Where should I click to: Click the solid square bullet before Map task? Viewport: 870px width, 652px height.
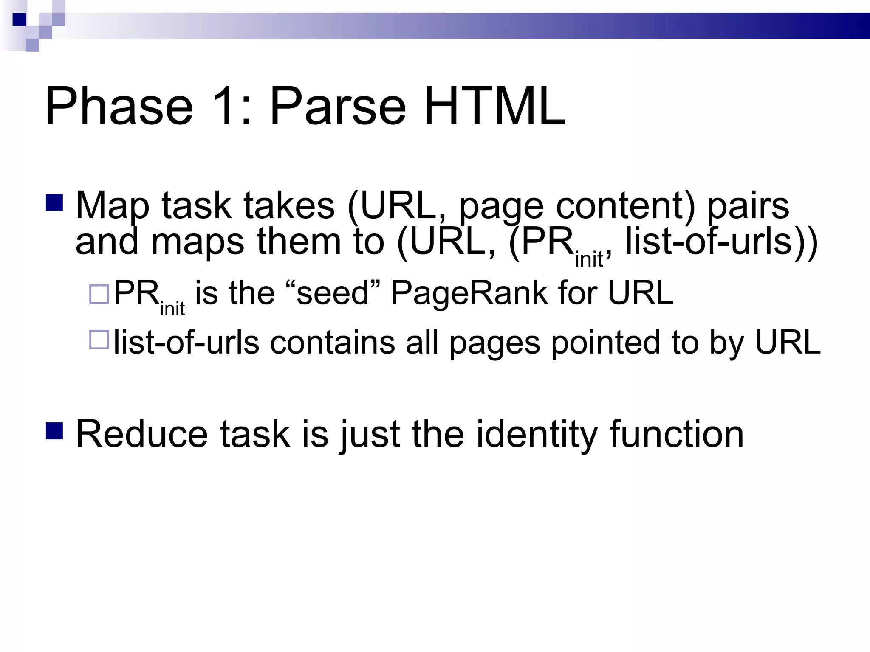[54, 202]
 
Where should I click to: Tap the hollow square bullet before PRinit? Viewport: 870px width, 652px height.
[99, 294]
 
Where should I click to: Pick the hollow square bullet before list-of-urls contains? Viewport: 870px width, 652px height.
[99, 340]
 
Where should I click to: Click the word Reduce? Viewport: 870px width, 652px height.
[142, 434]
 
